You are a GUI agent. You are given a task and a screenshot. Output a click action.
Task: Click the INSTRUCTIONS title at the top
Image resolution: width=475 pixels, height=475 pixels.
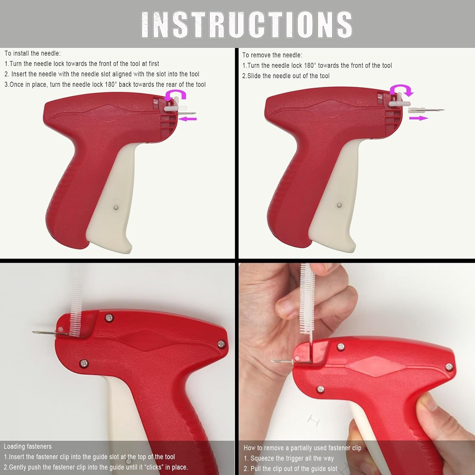pos(246,25)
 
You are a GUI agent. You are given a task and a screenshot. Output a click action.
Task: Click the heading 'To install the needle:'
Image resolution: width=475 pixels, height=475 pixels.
pos(32,53)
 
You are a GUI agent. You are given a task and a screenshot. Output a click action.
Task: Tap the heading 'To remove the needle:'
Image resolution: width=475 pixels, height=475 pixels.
pos(272,55)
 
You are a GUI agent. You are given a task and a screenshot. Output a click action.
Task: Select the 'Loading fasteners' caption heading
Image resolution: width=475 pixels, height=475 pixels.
pos(28,446)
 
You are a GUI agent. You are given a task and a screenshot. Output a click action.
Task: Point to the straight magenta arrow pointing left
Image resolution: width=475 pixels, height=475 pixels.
pos(187,119)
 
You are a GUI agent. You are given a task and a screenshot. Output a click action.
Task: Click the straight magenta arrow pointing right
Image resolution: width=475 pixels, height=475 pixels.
pos(419,118)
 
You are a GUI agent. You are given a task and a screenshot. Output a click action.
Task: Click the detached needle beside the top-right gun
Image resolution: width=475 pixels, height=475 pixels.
pos(426,110)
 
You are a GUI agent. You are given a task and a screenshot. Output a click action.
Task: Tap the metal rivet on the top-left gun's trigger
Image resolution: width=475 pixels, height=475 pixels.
pos(116,208)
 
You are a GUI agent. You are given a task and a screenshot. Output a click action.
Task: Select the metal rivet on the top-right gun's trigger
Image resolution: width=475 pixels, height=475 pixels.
pos(339,206)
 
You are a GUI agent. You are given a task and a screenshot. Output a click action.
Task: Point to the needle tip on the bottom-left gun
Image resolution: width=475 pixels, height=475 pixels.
pos(33,332)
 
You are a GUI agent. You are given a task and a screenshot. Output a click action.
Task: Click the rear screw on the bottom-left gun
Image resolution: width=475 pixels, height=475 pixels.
pos(222,343)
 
